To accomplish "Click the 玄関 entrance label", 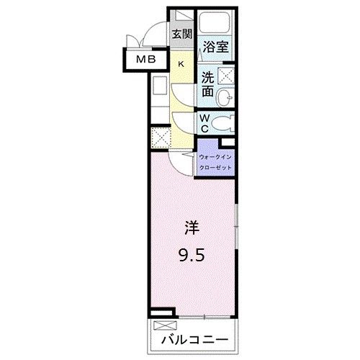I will (x=182, y=34).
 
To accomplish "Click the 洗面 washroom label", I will (x=207, y=85).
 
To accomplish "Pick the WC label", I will (x=205, y=122).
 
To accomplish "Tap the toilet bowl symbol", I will (x=225, y=122).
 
